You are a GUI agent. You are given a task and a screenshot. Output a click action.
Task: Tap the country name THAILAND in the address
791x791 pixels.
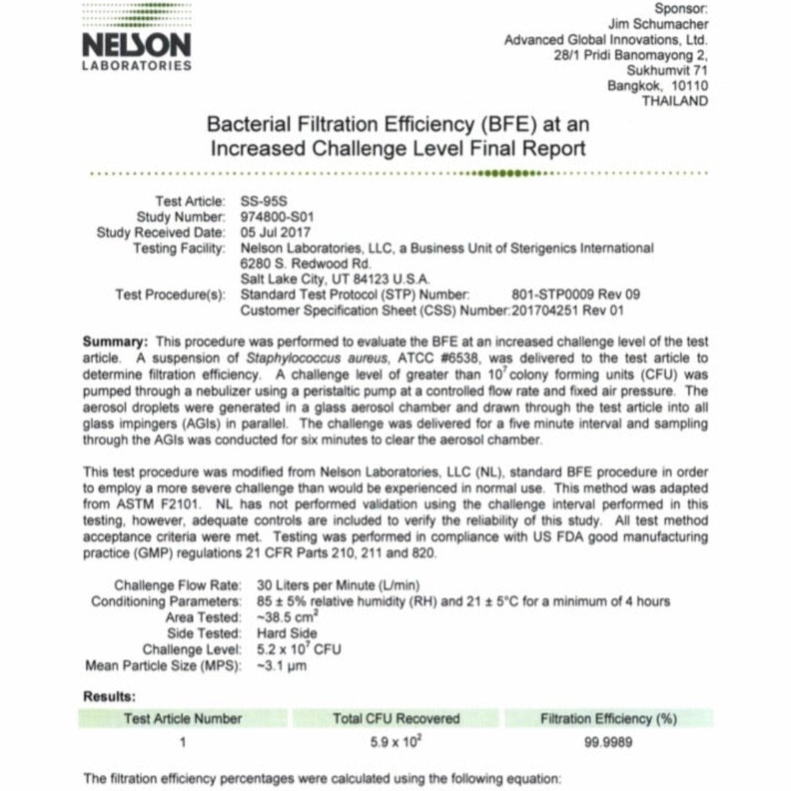coord(674,101)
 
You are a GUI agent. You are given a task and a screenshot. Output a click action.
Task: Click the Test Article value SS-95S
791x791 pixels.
coord(259,201)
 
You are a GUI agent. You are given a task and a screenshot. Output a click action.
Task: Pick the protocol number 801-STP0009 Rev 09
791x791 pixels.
coord(575,294)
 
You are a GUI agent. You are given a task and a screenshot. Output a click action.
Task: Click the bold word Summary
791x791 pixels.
coord(114,341)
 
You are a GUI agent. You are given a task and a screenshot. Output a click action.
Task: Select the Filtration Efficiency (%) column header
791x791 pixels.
coord(609,718)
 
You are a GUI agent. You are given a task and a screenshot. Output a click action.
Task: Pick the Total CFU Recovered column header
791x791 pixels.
coord(395,718)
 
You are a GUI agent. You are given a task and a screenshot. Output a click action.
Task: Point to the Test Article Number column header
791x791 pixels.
coord(182,718)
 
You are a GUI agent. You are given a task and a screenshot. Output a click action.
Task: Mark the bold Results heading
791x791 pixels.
coord(109,697)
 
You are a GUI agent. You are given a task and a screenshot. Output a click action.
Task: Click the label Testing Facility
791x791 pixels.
coord(178,248)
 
